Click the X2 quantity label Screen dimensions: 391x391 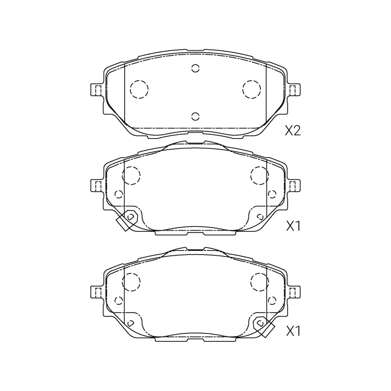[293, 130]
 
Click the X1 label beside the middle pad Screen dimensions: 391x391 [293, 226]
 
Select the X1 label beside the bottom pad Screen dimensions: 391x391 [293, 332]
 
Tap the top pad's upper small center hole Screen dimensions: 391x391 [196, 68]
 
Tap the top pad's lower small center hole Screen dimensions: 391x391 [196, 116]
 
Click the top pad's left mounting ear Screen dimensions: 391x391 [97, 90]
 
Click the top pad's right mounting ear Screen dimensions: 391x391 [294, 90]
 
